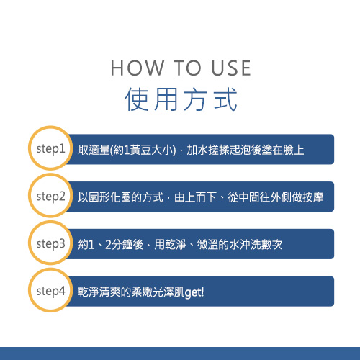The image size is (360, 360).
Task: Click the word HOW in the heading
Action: point(137,68)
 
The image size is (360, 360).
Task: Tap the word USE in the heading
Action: point(231,68)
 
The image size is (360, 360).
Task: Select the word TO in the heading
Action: point(187,68)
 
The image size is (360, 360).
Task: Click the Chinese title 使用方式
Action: point(181,99)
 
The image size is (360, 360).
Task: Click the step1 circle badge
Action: point(50,148)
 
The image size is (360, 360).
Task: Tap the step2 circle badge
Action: point(50,195)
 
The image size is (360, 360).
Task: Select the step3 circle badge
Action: point(50,243)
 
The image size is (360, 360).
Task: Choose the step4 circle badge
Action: point(50,290)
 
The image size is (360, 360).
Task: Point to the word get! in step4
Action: point(194,292)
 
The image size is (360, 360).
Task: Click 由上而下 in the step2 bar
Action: point(195,197)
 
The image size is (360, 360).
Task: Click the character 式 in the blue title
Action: point(225,99)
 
